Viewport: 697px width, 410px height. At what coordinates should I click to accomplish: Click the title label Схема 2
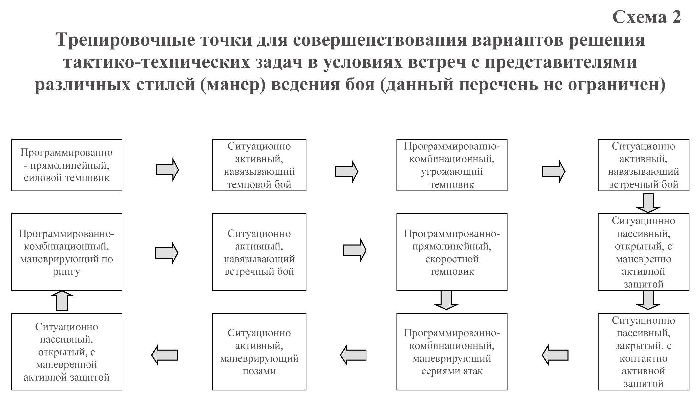click(x=646, y=17)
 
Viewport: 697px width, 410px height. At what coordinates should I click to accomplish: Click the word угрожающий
click(x=452, y=172)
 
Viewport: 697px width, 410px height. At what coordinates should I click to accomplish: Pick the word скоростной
click(x=452, y=259)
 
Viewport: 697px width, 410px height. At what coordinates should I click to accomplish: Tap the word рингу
click(x=66, y=272)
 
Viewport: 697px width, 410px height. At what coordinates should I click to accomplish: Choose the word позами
click(x=259, y=371)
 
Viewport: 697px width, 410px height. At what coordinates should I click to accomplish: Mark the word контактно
click(x=643, y=359)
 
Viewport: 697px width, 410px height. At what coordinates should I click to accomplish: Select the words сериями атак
click(x=452, y=371)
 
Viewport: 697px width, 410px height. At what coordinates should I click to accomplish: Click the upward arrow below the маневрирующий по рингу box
click(x=62, y=301)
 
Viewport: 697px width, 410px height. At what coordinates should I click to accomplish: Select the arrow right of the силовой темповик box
click(x=167, y=170)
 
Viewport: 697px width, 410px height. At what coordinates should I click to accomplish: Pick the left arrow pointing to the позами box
click(x=353, y=355)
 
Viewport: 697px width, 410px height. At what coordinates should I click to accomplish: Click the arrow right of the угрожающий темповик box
click(x=553, y=172)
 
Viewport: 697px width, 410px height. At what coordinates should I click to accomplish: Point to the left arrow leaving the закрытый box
click(x=555, y=355)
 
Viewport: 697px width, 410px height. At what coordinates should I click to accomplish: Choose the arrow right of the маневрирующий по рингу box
click(x=167, y=253)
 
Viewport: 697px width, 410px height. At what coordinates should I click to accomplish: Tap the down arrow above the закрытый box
click(x=648, y=300)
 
